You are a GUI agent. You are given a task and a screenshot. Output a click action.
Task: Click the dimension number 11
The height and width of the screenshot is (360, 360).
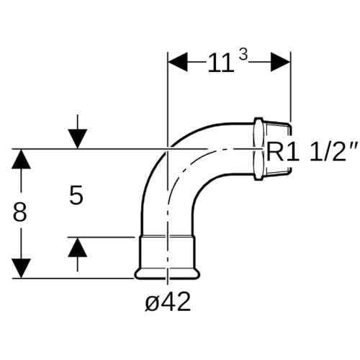(x=220, y=63)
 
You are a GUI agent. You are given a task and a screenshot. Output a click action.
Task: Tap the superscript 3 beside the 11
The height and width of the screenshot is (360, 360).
(x=243, y=55)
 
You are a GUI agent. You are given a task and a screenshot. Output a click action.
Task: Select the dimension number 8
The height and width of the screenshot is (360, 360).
(x=19, y=212)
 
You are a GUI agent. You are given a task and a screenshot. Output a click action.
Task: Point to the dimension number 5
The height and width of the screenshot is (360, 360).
(x=76, y=195)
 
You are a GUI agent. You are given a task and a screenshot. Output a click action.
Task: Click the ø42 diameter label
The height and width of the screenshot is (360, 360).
(x=168, y=302)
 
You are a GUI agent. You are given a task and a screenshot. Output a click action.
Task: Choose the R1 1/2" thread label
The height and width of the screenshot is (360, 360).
(x=312, y=152)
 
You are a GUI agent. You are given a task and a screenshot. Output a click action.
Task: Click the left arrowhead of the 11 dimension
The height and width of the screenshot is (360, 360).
(x=178, y=62)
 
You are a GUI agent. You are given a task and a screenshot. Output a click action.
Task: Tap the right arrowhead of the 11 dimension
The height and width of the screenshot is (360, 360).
(x=280, y=62)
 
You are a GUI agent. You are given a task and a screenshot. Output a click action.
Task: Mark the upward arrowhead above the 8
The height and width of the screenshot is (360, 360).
(x=21, y=159)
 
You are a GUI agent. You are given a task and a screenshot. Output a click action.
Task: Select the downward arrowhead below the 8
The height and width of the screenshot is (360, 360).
(x=21, y=269)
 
